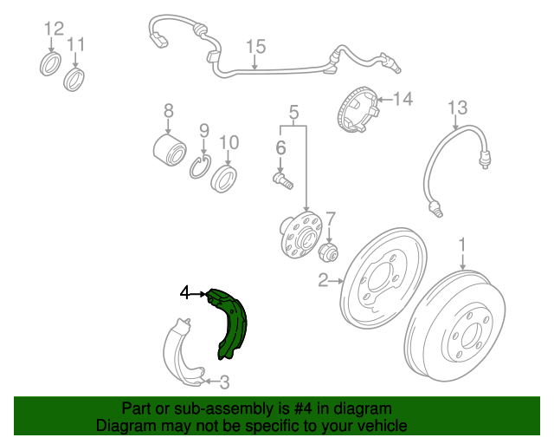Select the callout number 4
point(184,293)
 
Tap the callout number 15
point(256,47)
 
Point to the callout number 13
point(458,108)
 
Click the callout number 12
point(54,29)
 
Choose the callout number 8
point(169,111)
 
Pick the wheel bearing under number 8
point(170,150)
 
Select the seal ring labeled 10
point(223,179)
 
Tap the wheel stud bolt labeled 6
point(283,180)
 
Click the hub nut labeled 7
point(328,252)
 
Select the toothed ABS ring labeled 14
point(358,109)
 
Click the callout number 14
point(403,99)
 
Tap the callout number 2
point(323,280)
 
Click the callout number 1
point(462,245)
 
